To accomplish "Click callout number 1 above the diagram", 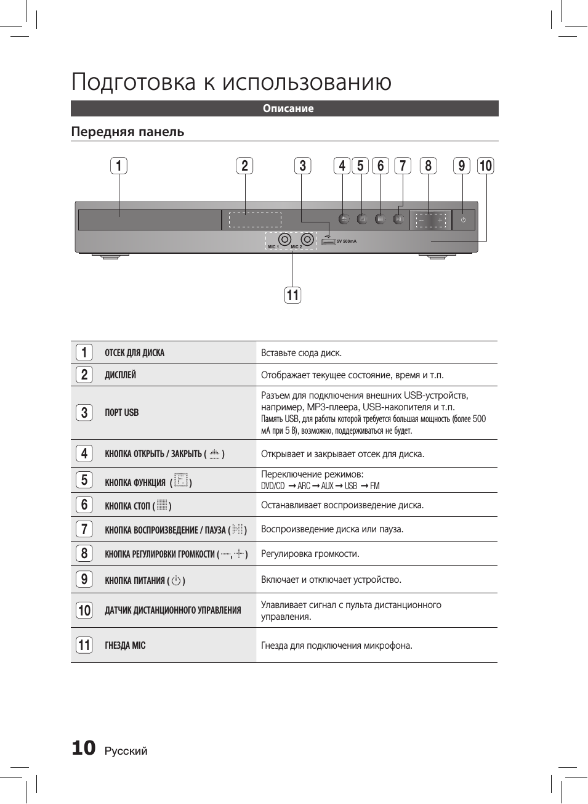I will pos(119,166).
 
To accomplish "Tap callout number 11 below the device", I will pos(292,295).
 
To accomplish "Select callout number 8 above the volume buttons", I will pos(428,166).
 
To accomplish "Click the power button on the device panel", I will pos(463,220).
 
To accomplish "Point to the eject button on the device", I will pos(344,219).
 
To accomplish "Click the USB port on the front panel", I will pos(328,242).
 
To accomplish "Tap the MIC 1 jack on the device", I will pos(284,239).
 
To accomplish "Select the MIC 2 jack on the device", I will pos(307,239).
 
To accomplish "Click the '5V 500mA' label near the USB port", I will pos(347,242).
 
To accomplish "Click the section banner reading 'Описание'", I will pos(288,108).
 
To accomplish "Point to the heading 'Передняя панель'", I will pos(127,132).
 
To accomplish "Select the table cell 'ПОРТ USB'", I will pos(122,413).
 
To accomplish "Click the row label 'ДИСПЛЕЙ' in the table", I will pos(120,375).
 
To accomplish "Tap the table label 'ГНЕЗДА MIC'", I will pos(125,645).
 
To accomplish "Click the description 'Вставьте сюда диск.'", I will pos(301,353).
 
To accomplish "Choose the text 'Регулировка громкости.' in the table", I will pos(310,553).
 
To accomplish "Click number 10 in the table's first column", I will pos(84,611).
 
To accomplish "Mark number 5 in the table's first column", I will pos(84,480).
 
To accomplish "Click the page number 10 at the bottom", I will pos(84,748).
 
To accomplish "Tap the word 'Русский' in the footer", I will pos(126,751).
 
